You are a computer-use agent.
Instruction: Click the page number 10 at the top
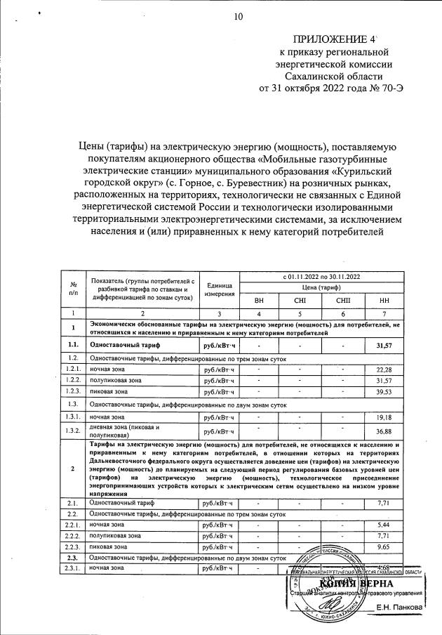(237, 17)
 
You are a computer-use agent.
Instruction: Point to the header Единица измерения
(220, 288)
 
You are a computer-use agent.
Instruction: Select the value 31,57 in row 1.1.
(383, 346)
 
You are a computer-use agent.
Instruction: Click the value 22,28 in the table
(383, 369)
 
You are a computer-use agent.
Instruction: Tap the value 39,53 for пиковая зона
(383, 392)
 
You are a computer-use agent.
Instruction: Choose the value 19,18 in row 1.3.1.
(383, 417)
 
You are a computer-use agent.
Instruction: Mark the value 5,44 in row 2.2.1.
(383, 525)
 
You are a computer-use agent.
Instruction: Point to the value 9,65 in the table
(383, 546)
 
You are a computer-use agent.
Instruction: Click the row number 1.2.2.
(72, 381)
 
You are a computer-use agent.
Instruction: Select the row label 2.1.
(72, 503)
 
